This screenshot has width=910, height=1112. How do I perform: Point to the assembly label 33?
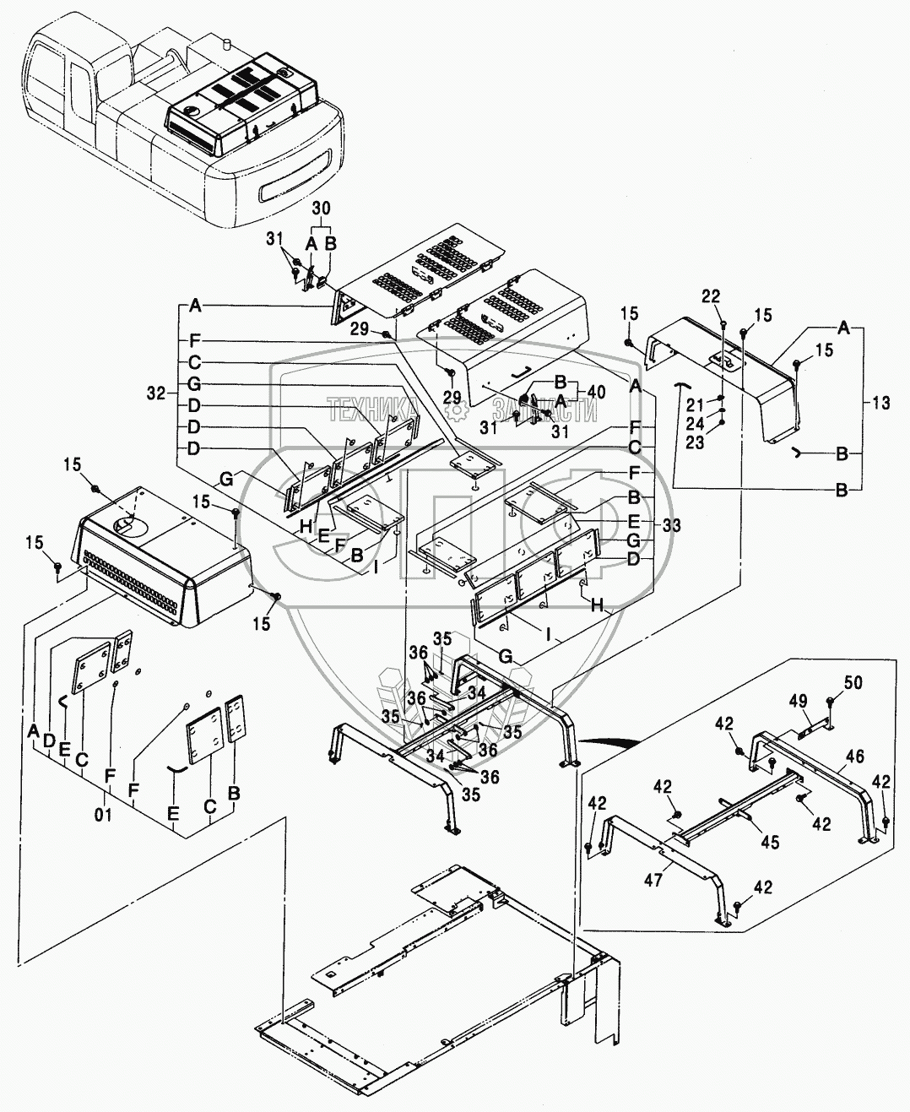(672, 524)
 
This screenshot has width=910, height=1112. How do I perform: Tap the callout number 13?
(880, 404)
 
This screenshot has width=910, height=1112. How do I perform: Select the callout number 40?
(597, 392)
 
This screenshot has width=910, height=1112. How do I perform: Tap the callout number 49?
(799, 701)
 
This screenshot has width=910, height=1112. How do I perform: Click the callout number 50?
(853, 683)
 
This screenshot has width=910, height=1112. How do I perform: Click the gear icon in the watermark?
(457, 411)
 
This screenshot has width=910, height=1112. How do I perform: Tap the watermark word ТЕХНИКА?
(386, 411)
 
